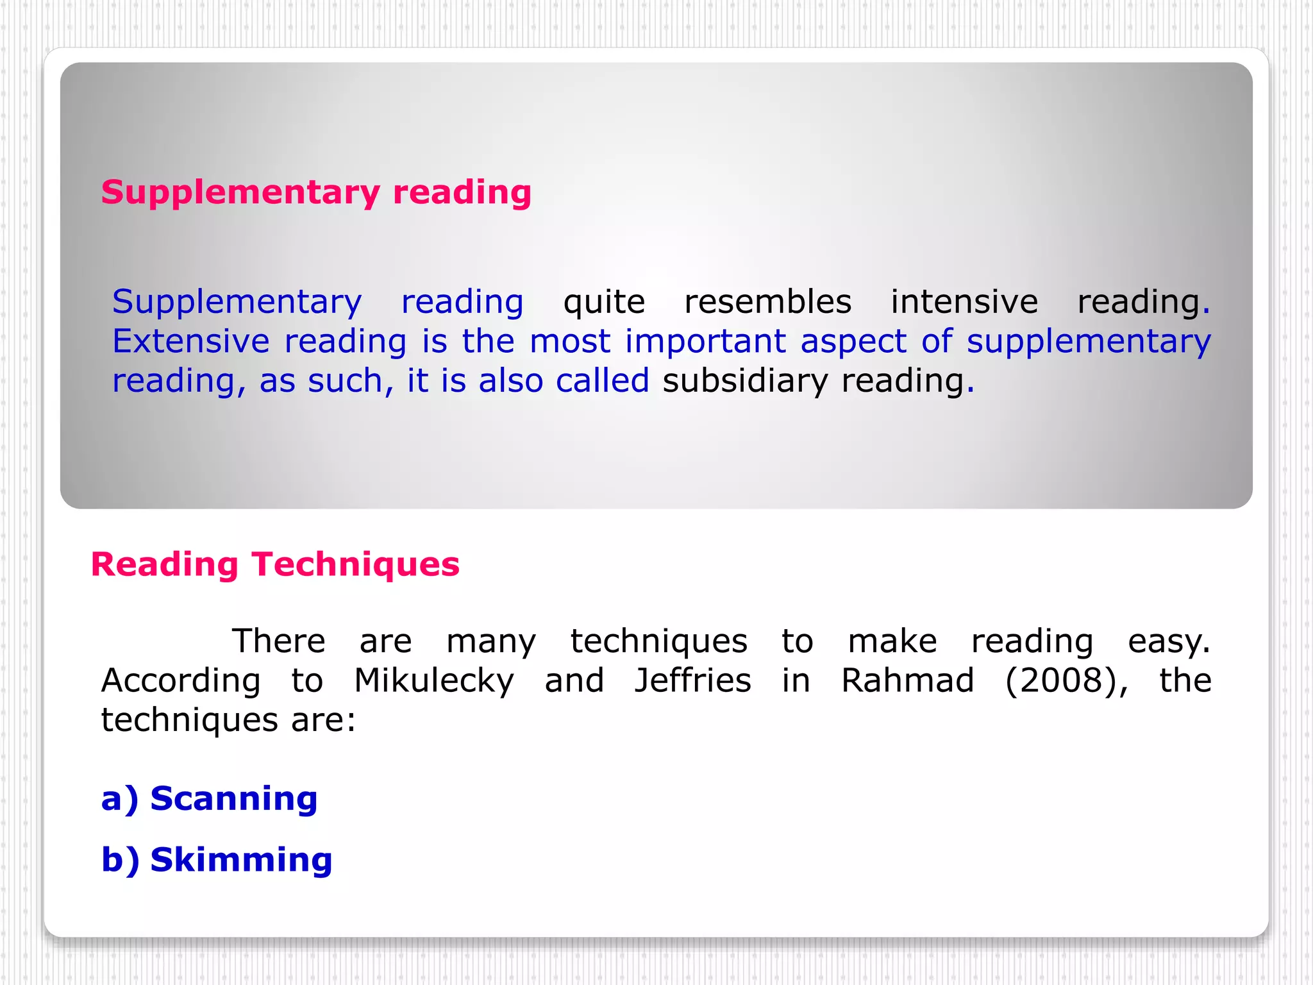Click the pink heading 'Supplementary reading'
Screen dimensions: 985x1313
tap(316, 192)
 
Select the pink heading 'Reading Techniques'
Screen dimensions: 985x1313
tap(275, 565)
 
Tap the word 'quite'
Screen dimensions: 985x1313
tap(604, 302)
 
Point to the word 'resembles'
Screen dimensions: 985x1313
tap(767, 302)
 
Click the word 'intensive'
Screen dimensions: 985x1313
tap(964, 302)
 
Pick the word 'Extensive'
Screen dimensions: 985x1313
tap(190, 341)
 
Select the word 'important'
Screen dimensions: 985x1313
tap(705, 341)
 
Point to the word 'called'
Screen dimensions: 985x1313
tap(602, 381)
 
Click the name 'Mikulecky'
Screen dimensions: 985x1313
tap(434, 681)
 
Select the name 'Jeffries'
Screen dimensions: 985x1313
tap(692, 681)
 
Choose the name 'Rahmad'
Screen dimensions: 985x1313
tap(907, 681)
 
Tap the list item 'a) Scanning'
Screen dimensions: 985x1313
tap(210, 799)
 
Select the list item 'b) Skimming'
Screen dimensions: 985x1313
tap(217, 860)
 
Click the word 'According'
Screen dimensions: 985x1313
tap(181, 681)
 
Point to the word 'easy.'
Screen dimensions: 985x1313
tap(1168, 642)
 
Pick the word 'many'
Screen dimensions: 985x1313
tap(491, 642)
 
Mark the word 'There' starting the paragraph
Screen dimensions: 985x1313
tap(278, 641)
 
